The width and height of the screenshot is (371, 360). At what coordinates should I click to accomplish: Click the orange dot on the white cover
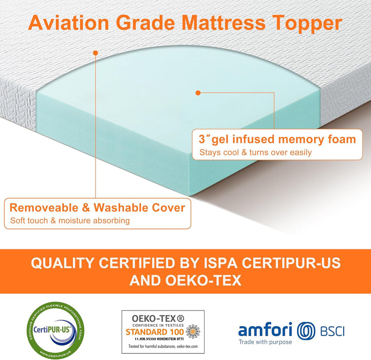pos(95,52)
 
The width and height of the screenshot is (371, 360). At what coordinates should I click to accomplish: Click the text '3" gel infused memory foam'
pos(277,139)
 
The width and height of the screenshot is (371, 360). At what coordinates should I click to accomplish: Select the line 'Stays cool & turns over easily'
pos(255,153)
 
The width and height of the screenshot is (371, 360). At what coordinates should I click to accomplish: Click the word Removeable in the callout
pos(44,208)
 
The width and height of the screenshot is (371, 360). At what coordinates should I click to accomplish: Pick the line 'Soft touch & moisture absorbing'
pos(70,221)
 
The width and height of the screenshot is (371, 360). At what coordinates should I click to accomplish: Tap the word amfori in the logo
pos(265,329)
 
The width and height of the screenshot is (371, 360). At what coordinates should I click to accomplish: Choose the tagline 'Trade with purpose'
pos(265,342)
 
